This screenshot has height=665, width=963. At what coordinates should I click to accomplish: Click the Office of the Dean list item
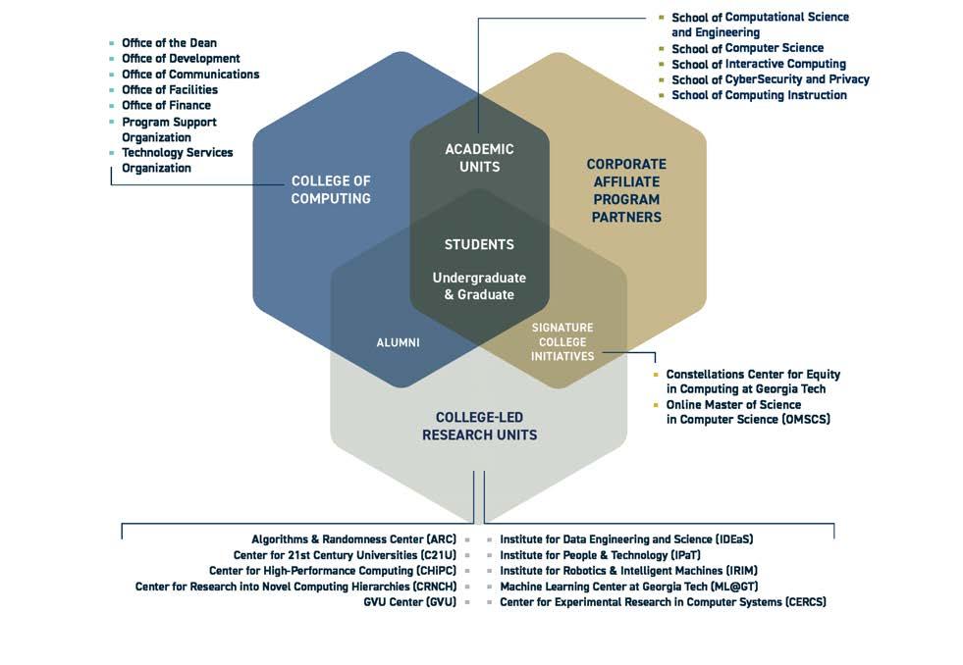point(169,43)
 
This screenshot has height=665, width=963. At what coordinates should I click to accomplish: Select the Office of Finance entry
point(166,106)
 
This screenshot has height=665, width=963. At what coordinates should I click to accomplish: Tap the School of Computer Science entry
point(747,48)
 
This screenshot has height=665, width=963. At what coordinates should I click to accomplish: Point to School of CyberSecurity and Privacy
point(770,79)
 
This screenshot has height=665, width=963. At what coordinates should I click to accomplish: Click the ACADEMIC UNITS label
point(479,158)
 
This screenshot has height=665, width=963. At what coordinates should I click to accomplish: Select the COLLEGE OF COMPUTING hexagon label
point(331,190)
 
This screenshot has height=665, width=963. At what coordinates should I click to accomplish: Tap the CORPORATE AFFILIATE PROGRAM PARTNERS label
point(626,190)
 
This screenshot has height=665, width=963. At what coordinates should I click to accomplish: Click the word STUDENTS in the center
point(479,244)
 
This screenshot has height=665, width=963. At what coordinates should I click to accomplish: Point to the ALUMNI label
point(398,342)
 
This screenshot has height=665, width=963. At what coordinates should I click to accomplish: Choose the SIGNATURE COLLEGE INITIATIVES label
point(562,341)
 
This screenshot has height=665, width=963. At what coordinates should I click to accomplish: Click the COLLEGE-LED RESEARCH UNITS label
point(479,426)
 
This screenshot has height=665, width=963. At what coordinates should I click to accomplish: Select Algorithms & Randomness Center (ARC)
point(353,539)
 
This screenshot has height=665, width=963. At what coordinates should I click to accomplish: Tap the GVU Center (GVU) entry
point(409,602)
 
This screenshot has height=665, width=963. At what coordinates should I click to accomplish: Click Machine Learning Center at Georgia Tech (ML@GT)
point(628,587)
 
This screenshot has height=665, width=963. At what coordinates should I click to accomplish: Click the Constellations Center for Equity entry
point(753,382)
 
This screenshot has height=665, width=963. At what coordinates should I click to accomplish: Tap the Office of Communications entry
point(190,75)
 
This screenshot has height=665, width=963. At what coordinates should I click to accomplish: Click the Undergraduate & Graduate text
point(479,285)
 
